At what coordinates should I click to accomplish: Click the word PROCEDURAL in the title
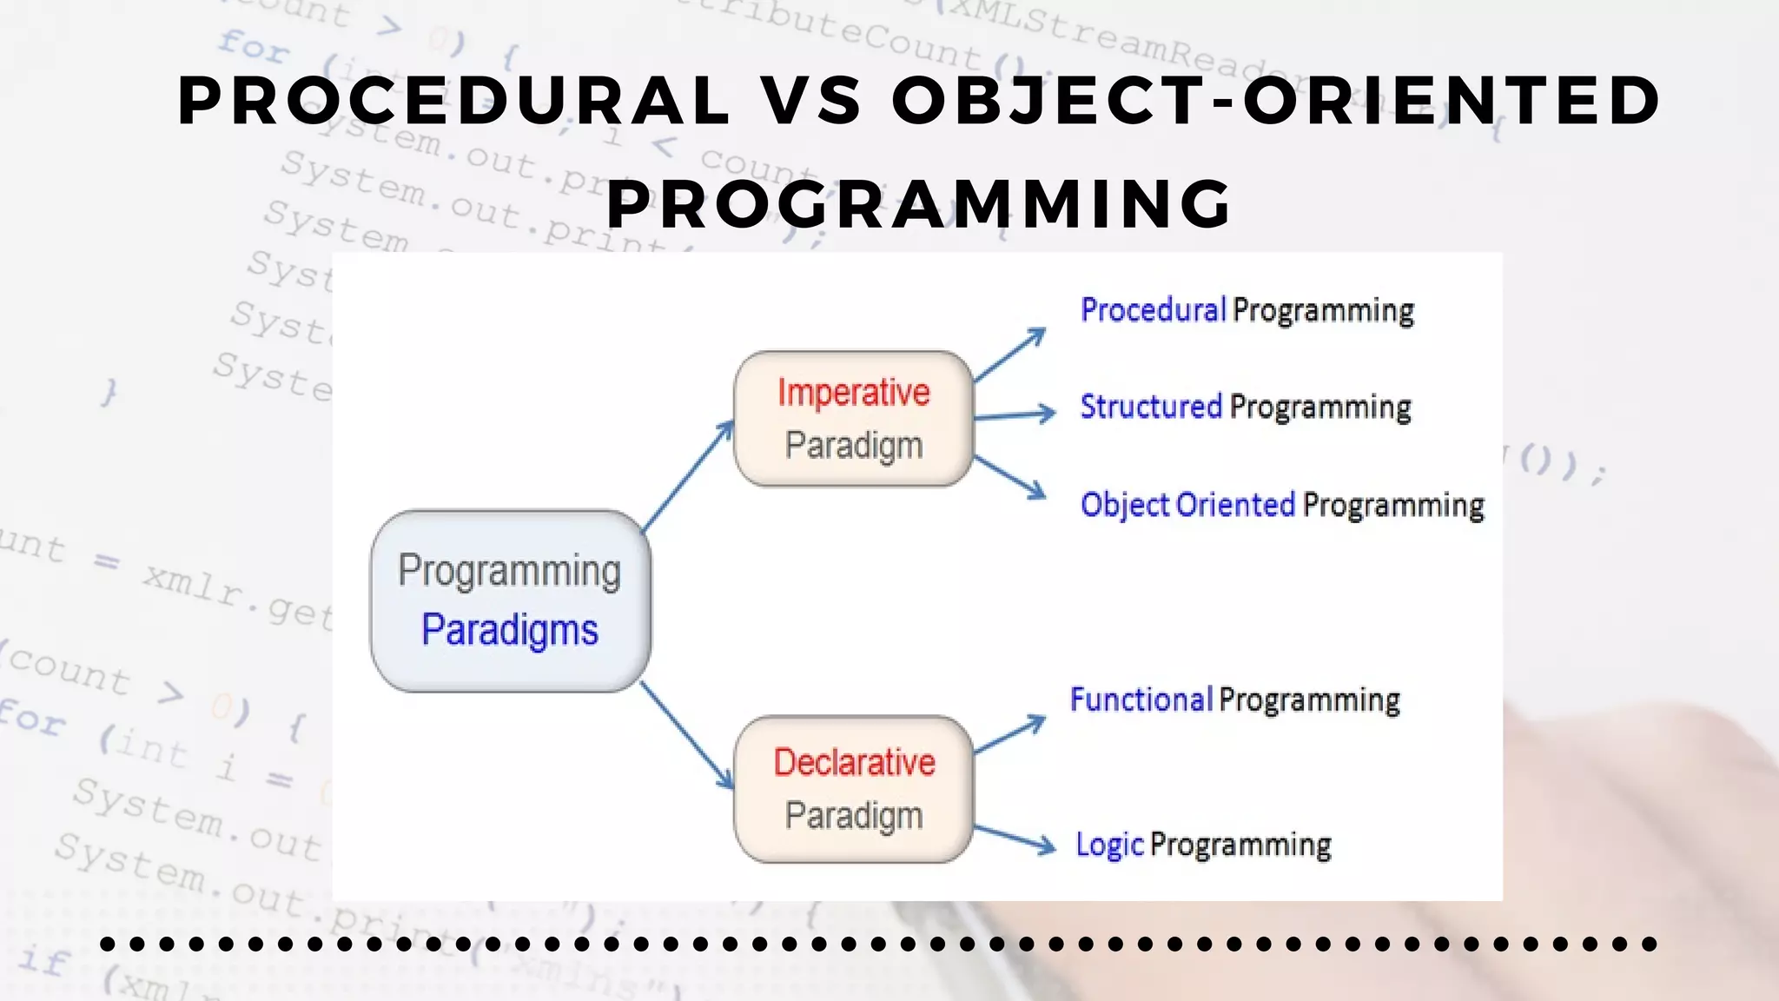pos(453,100)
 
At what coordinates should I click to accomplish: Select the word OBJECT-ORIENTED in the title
pos(1277,100)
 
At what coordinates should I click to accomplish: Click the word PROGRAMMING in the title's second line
pos(920,203)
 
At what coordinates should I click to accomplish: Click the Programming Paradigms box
pos(511,600)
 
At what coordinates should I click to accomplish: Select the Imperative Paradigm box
pos(854,418)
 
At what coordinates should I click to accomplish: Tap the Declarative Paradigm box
pos(854,789)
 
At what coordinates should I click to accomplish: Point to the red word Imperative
pos(854,392)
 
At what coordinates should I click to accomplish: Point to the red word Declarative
pos(854,762)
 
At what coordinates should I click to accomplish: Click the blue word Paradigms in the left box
pos(510,630)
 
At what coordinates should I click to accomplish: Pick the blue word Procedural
pos(1153,310)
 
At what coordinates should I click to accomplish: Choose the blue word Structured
pos(1151,407)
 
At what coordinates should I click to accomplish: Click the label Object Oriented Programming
pos(1282,505)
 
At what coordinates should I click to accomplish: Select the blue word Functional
pos(1141,699)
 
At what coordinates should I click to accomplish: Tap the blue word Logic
pos(1109,845)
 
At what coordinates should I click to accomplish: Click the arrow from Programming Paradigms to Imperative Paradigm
pos(688,475)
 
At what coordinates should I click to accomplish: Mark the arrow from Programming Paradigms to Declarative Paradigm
pos(686,735)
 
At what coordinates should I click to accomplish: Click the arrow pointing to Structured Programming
pos(1014,415)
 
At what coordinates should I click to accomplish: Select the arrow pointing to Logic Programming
pos(1014,838)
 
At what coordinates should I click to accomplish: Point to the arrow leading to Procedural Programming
pos(1010,355)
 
